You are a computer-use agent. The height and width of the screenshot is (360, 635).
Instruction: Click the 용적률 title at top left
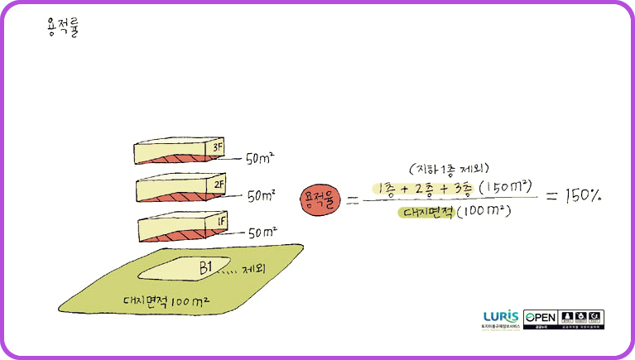click(63, 29)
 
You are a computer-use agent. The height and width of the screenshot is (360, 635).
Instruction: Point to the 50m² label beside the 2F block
click(262, 196)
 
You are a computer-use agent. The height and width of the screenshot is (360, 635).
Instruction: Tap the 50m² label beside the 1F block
click(262, 233)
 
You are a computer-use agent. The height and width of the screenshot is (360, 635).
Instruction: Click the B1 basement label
click(205, 266)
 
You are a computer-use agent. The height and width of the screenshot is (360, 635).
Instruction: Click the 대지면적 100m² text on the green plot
click(165, 300)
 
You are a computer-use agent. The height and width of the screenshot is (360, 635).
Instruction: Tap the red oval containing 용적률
click(321, 199)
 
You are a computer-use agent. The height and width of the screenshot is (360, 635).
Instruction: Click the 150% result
click(583, 197)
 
